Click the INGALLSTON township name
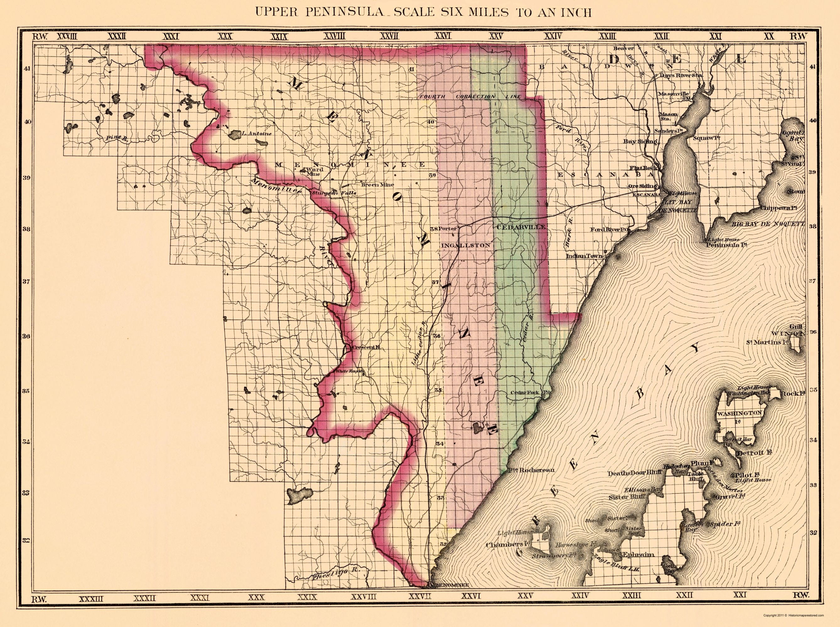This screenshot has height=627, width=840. pos(466,245)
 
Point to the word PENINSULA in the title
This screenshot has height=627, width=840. pos(349,13)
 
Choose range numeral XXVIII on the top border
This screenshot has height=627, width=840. pos(334,36)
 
